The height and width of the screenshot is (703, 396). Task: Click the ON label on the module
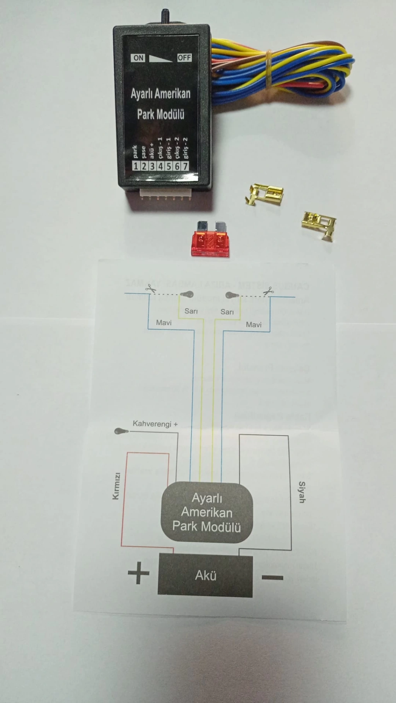point(138,58)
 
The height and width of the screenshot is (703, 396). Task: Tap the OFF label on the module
point(184,58)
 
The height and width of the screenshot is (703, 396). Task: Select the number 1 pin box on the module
point(135,166)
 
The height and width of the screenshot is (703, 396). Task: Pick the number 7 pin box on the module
point(185,166)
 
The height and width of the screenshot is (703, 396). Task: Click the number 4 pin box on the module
point(160,166)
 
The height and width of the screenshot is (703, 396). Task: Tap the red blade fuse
point(210,241)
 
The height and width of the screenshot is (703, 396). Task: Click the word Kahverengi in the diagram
point(152,424)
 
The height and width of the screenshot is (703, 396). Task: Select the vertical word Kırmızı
point(116,486)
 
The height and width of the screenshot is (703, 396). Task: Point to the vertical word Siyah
point(302,492)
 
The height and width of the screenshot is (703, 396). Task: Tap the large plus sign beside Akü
point(138,573)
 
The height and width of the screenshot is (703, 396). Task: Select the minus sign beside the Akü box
point(273,578)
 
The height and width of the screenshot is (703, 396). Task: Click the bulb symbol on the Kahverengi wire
point(121,431)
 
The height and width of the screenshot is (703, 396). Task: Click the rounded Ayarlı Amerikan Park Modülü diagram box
point(207,512)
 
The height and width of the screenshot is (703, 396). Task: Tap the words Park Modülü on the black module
point(160,114)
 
